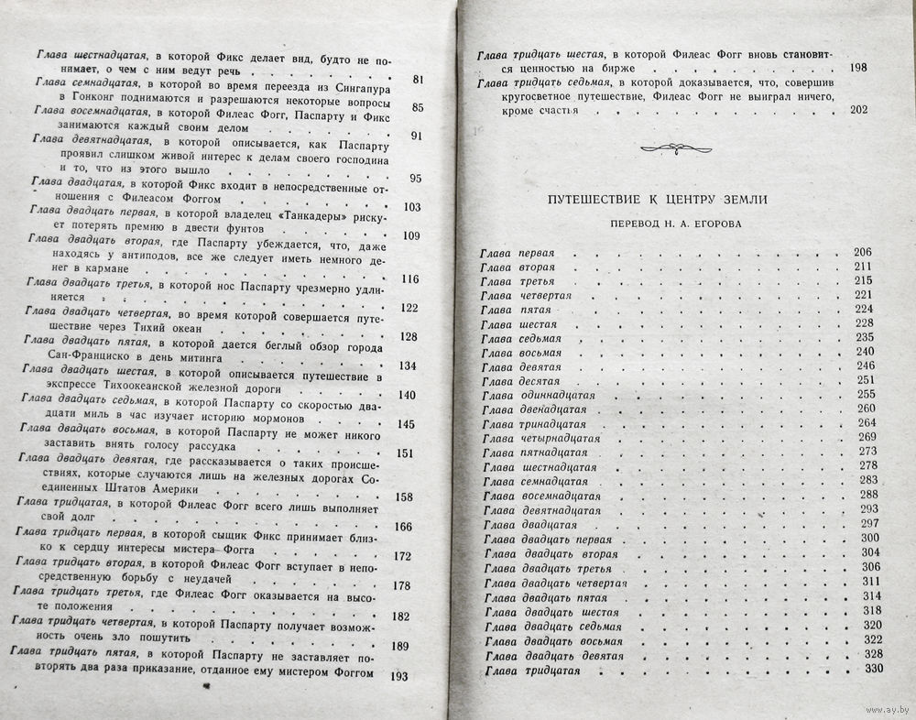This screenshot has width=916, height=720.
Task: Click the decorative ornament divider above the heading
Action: [674, 146]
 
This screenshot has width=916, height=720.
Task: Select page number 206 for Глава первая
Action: [863, 253]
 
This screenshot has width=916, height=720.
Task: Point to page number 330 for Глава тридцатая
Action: [872, 669]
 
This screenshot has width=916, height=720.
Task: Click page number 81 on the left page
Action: [419, 80]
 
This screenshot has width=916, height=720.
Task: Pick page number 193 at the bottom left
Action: [398, 676]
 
